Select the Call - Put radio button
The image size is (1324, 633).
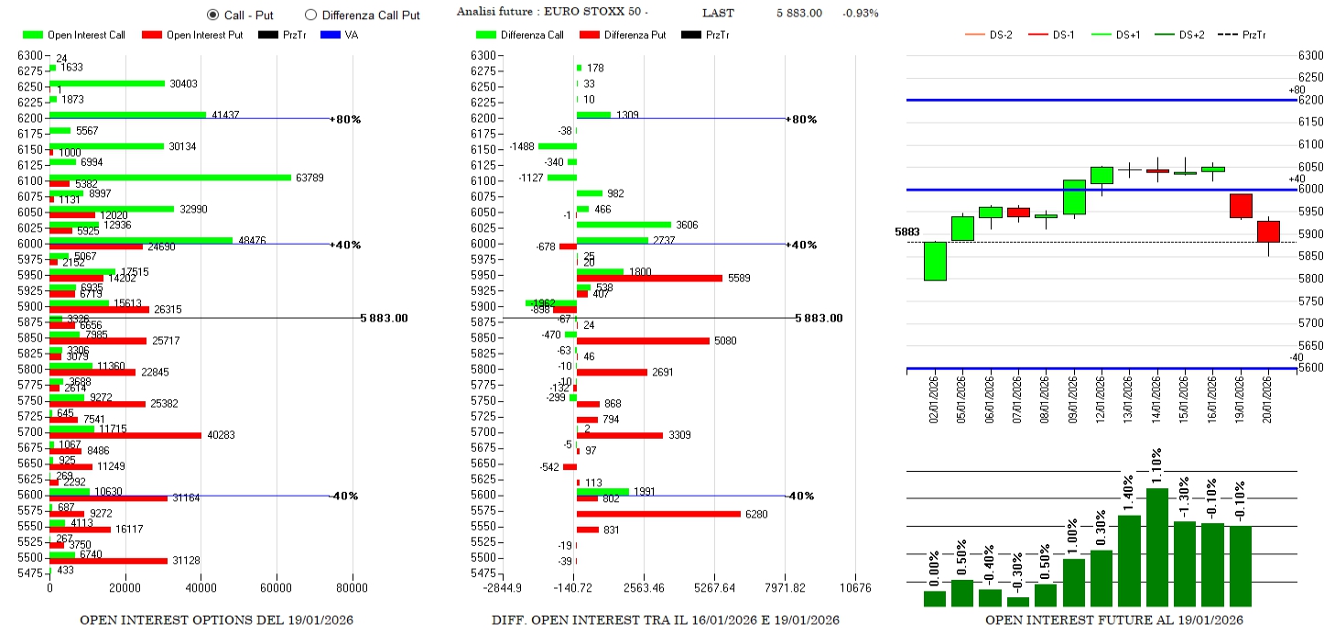213,15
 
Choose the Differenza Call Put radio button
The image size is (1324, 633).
310,15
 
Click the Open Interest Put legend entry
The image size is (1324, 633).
193,35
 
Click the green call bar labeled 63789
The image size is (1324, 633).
169,178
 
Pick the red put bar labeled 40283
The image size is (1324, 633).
125,435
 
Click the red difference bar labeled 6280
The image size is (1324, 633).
658,514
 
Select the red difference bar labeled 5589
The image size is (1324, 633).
649,278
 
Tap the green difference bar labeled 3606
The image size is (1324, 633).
624,224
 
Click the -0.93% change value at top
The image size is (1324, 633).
860,13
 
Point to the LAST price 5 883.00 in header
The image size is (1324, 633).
798,13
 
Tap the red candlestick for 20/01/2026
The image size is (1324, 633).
1268,232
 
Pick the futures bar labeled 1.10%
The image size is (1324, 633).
1157,547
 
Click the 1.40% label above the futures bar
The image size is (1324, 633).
1129,495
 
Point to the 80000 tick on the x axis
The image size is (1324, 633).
353,588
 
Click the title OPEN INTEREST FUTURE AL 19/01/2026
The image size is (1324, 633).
1113,620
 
